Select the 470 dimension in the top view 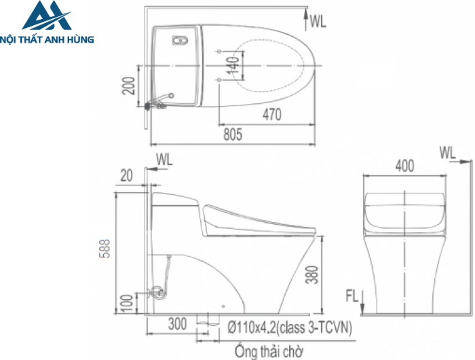271,116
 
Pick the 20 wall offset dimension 127,175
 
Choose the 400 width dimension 404,165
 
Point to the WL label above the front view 447,151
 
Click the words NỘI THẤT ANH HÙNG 48,39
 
